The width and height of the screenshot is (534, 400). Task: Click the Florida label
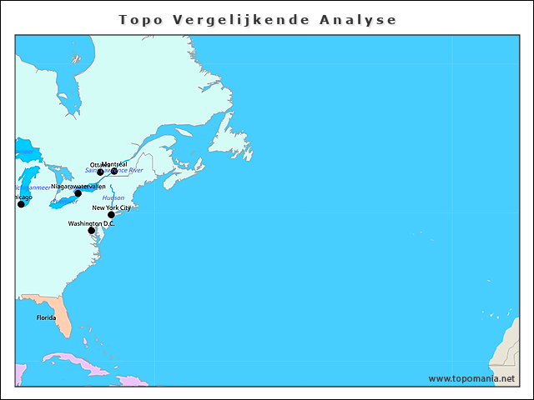(46, 317)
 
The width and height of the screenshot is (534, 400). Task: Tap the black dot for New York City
(111, 215)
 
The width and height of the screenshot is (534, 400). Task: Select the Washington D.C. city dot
(92, 231)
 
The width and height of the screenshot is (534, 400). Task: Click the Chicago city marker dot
(21, 204)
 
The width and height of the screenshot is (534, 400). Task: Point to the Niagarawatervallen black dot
(78, 193)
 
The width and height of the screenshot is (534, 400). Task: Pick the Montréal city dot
(114, 172)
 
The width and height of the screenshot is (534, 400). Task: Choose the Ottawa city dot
(101, 172)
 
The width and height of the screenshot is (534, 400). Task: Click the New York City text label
(111, 207)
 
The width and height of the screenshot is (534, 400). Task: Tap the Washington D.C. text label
(91, 223)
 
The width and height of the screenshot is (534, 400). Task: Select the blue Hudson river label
(113, 198)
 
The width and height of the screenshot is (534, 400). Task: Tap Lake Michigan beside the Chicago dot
(30, 183)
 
